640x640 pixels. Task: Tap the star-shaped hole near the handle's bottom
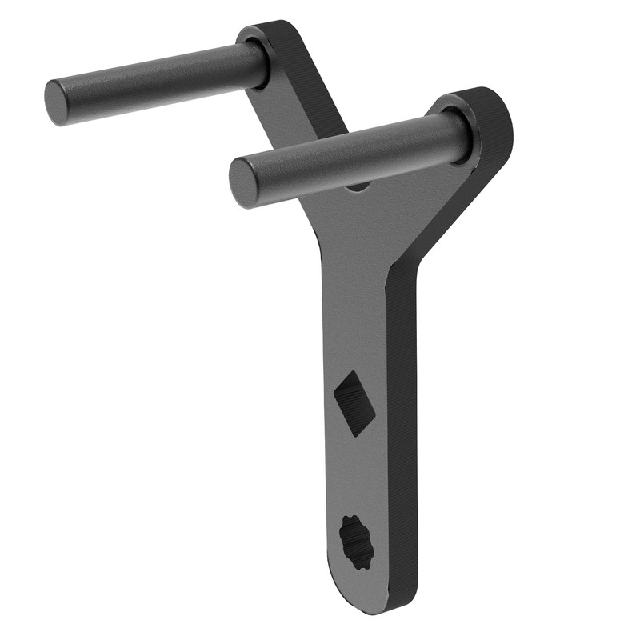tap(358, 541)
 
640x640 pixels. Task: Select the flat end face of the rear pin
tap(57, 102)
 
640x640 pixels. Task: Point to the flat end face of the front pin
tap(245, 182)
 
